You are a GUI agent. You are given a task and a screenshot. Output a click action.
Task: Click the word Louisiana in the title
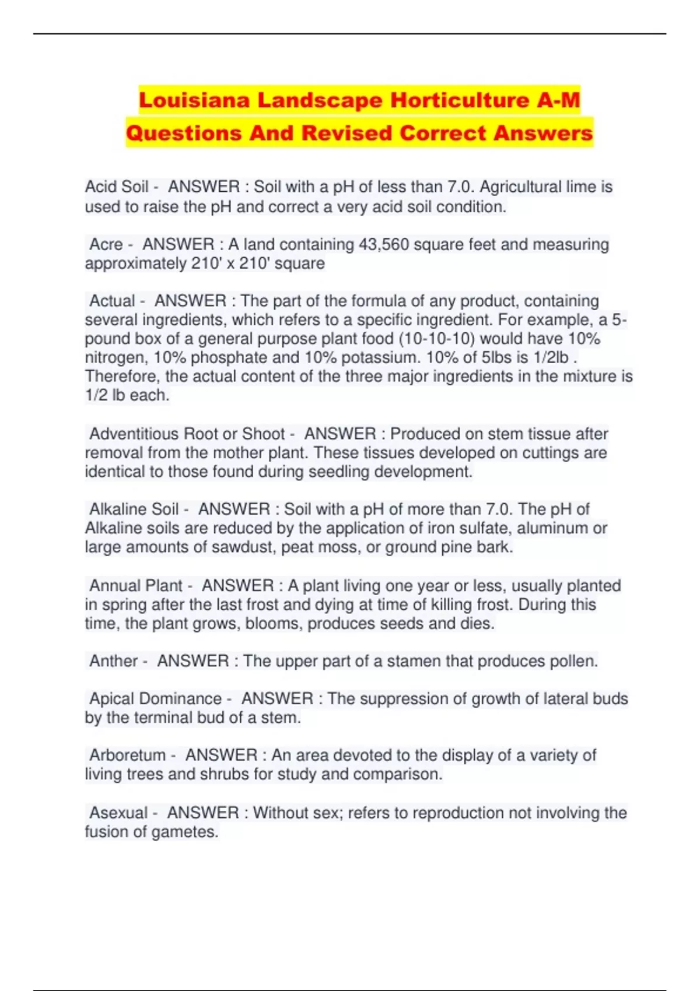(195, 100)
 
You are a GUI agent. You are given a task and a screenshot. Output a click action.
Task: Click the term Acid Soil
(117, 187)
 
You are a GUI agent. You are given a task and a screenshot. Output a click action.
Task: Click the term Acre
(106, 244)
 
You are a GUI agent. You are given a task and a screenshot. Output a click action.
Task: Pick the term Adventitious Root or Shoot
(187, 434)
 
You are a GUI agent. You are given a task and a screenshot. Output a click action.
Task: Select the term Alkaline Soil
(134, 509)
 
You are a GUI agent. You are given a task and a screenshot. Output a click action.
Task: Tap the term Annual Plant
(135, 585)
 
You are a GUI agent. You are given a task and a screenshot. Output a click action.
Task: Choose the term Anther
(113, 661)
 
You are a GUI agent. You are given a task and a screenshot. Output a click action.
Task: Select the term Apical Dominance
(155, 698)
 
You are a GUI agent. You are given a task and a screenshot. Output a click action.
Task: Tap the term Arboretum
(127, 755)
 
